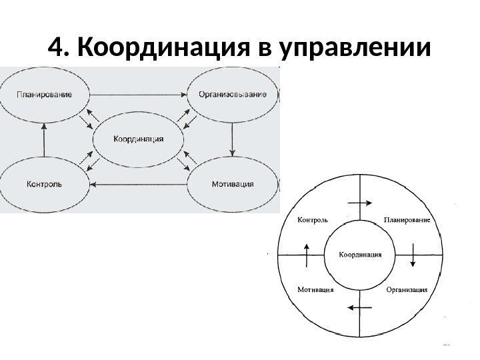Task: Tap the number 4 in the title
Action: pyautogui.click(x=58, y=48)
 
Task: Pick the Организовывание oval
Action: pyautogui.click(x=233, y=94)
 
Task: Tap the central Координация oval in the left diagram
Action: pyautogui.click(x=138, y=139)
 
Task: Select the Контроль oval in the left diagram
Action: pyautogui.click(x=44, y=183)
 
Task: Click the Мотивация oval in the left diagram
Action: pyautogui.click(x=232, y=183)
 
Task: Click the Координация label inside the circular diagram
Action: pyautogui.click(x=360, y=254)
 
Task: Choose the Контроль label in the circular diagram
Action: pyautogui.click(x=311, y=219)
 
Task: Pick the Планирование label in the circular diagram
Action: pyautogui.click(x=407, y=219)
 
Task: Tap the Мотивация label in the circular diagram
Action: pyautogui.click(x=313, y=290)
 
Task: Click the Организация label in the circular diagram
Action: pyautogui.click(x=407, y=290)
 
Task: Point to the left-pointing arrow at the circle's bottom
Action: pyautogui.click(x=360, y=307)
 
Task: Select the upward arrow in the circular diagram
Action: pyautogui.click(x=307, y=254)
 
